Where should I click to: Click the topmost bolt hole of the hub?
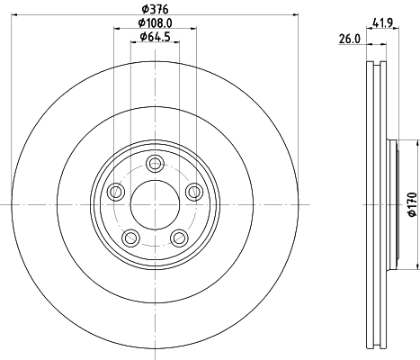155,163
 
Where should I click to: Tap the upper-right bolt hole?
193,191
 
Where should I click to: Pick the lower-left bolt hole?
131,237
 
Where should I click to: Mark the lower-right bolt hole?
179,237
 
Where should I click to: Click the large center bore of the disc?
155,204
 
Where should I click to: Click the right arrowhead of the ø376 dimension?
294,15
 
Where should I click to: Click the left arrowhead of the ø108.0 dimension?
117,30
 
